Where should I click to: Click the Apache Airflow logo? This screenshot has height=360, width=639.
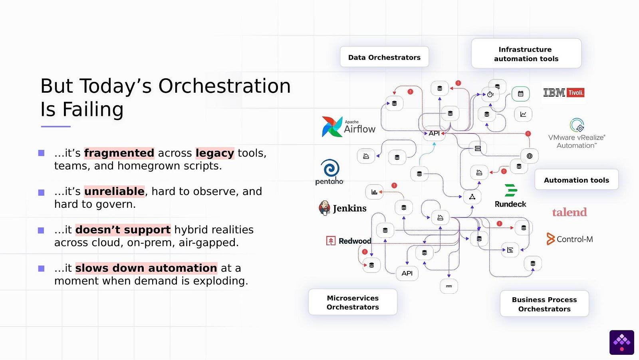pyautogui.click(x=349, y=127)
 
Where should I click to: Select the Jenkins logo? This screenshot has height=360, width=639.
pyautogui.click(x=343, y=208)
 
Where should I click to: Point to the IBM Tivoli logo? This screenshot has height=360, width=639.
pyautogui.click(x=564, y=93)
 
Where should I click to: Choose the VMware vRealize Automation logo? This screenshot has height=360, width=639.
pyautogui.click(x=577, y=134)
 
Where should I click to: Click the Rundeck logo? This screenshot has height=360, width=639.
pyautogui.click(x=510, y=196)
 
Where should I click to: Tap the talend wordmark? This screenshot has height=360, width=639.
pyautogui.click(x=570, y=212)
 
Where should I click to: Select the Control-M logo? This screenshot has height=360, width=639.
pyautogui.click(x=570, y=239)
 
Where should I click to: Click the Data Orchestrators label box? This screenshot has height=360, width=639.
pyautogui.click(x=384, y=57)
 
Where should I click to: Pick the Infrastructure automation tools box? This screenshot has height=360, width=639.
pyautogui.click(x=526, y=54)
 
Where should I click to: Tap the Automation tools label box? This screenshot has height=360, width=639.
pyautogui.click(x=576, y=180)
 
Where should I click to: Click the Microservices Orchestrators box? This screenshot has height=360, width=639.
pyautogui.click(x=353, y=302)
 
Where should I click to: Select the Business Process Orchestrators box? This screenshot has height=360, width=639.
pyautogui.click(x=544, y=304)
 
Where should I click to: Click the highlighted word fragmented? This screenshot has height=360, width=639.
pyautogui.click(x=119, y=153)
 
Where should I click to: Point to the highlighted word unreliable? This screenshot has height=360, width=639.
pyautogui.click(x=114, y=191)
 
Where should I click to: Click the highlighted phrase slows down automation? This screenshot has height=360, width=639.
pyautogui.click(x=146, y=268)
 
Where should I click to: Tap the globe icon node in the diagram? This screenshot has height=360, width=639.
pyautogui.click(x=530, y=156)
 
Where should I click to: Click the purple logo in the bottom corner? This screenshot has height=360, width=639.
pyautogui.click(x=621, y=342)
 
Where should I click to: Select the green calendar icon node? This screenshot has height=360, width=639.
pyautogui.click(x=520, y=94)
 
